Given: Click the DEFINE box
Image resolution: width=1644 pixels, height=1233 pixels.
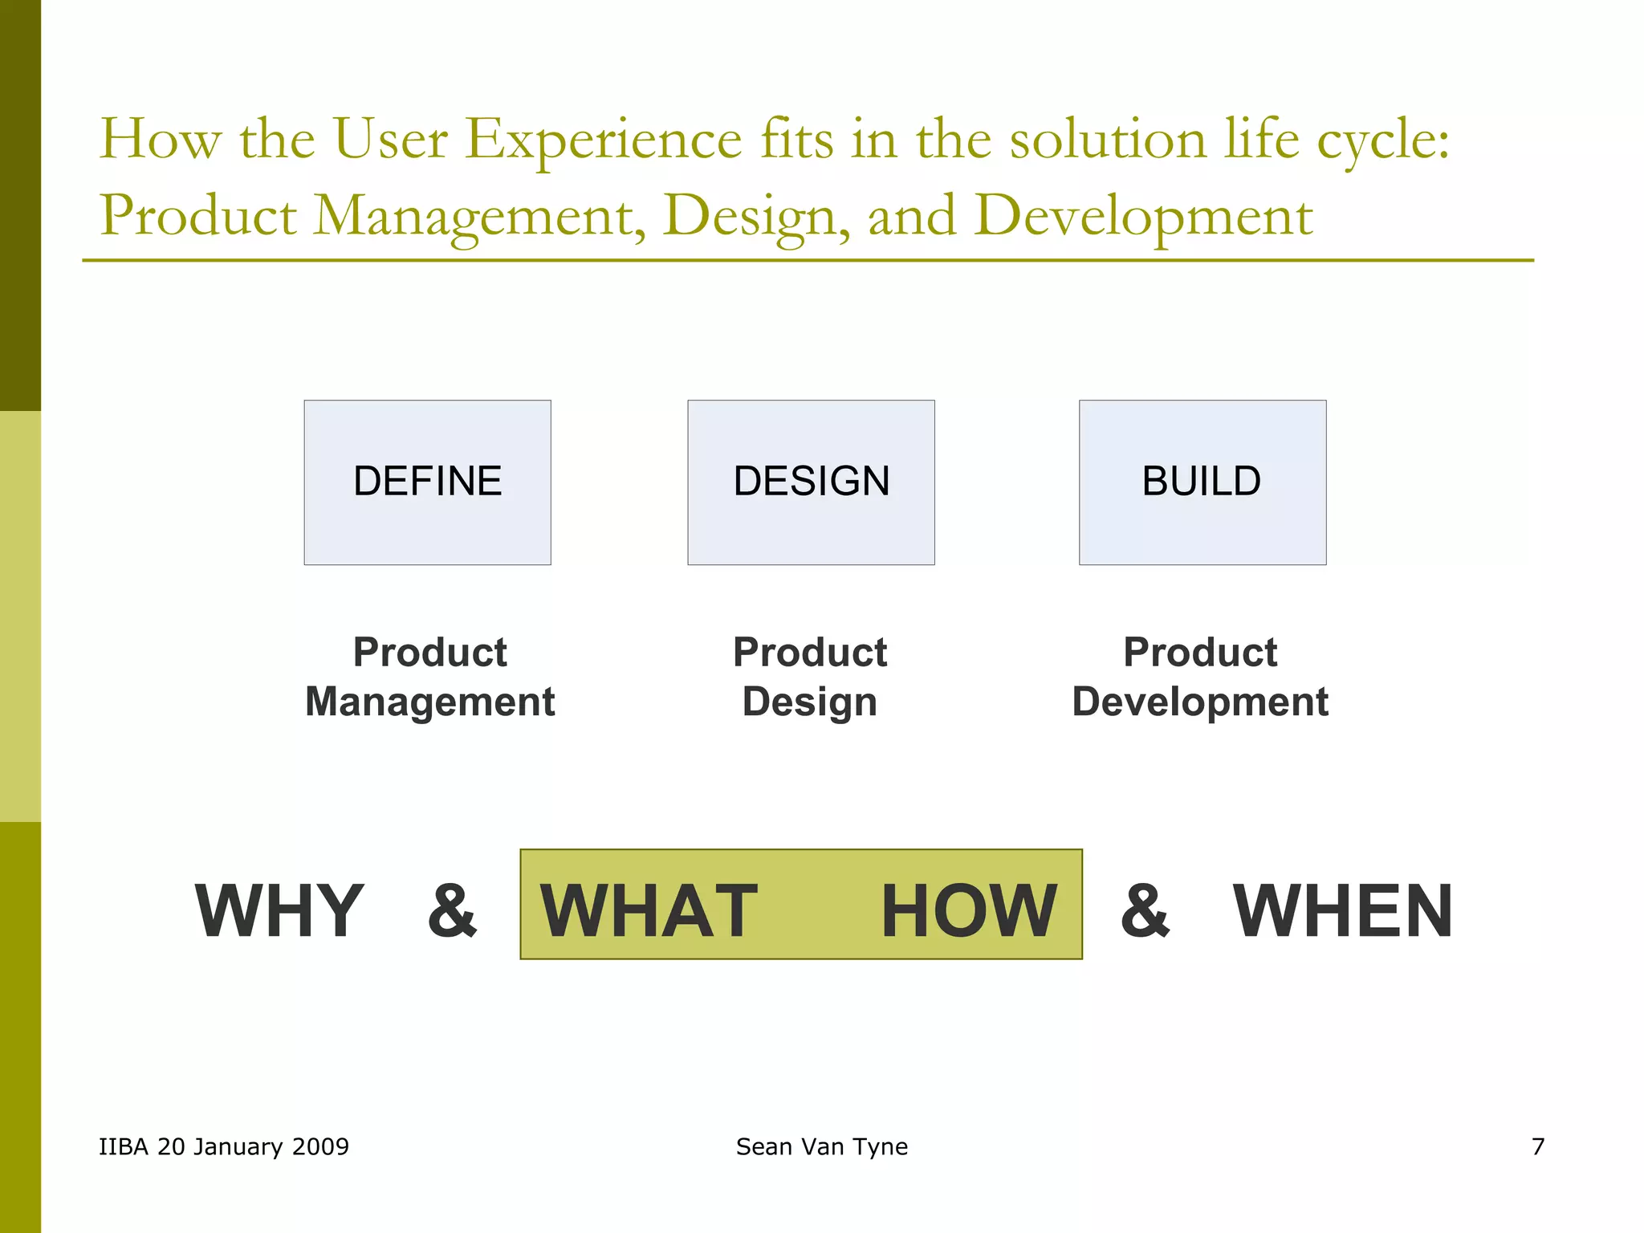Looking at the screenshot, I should tap(427, 482).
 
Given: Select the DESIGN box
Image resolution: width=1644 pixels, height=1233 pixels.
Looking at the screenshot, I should tap(811, 482).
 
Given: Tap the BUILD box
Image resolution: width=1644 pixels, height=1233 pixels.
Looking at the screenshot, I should tap(1202, 482).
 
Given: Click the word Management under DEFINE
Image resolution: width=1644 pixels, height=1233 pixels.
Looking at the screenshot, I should tap(429, 702).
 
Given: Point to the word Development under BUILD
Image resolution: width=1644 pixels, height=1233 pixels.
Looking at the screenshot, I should tap(1200, 702).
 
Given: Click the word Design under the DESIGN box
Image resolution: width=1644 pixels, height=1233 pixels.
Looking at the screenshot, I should tap(809, 702).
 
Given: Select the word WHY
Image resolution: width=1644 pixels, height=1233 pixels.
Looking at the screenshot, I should tap(279, 910).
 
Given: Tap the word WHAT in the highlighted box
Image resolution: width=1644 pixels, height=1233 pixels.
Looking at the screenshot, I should tap(649, 910).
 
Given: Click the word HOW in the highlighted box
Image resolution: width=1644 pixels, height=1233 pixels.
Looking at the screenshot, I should tap(969, 910).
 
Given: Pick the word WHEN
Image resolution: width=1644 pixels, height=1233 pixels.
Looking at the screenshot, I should tap(1342, 910).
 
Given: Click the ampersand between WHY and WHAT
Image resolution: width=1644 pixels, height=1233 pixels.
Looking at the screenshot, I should tap(452, 910).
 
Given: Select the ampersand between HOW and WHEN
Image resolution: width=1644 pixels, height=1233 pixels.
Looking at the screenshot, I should tap(1145, 910).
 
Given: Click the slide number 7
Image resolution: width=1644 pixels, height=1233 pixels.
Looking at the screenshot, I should tap(1538, 1146).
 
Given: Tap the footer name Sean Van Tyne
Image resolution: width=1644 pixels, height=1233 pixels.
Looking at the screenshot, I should tap(821, 1146).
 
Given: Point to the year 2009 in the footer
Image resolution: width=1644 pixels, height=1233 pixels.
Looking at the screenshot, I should tap(320, 1146).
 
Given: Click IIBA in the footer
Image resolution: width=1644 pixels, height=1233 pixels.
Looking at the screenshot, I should tap(124, 1146).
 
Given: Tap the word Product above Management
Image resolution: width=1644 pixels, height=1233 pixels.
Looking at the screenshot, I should tap(429, 652).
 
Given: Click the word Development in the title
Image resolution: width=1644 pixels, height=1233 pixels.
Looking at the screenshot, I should tap(1144, 217).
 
